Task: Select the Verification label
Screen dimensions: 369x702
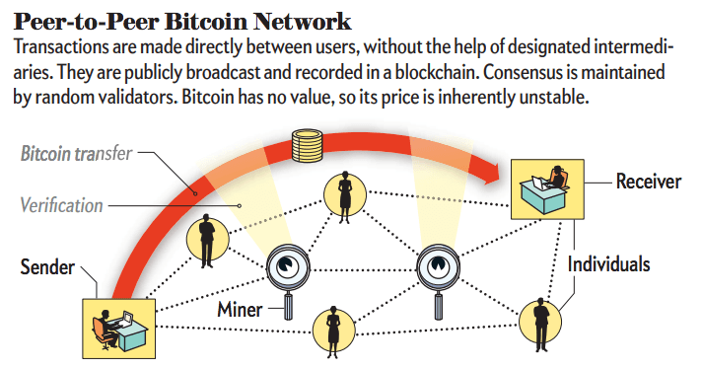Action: click(x=61, y=206)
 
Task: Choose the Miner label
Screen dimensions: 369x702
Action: click(x=240, y=310)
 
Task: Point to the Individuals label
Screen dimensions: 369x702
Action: click(x=608, y=264)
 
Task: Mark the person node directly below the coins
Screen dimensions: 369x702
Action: click(x=345, y=192)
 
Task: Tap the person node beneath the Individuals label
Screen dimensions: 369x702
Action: click(x=540, y=318)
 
